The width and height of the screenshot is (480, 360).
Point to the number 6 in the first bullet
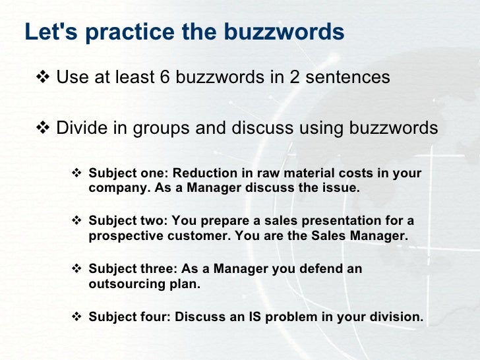165,78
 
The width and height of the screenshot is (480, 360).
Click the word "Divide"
80,127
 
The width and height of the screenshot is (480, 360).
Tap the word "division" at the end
399,317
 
